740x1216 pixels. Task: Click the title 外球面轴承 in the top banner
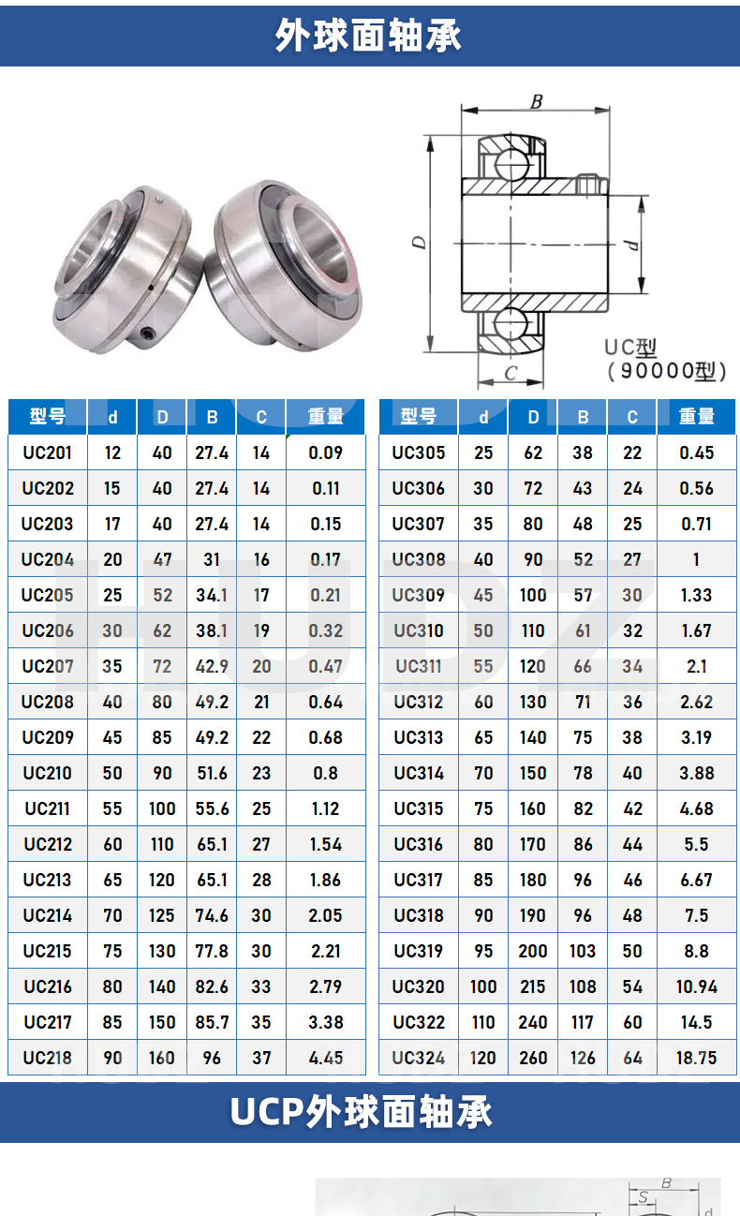pos(368,35)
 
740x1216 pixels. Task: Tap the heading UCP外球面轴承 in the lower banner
pos(361,1112)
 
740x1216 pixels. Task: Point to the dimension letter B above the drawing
pos(536,101)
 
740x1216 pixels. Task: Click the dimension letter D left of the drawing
pos(419,242)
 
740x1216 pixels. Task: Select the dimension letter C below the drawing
pos(510,373)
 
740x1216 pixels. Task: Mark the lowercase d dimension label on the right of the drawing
pos(631,245)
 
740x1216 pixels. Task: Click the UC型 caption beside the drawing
pos(630,348)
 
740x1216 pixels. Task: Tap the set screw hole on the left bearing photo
pos(147,333)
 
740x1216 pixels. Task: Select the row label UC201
pos(47,452)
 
